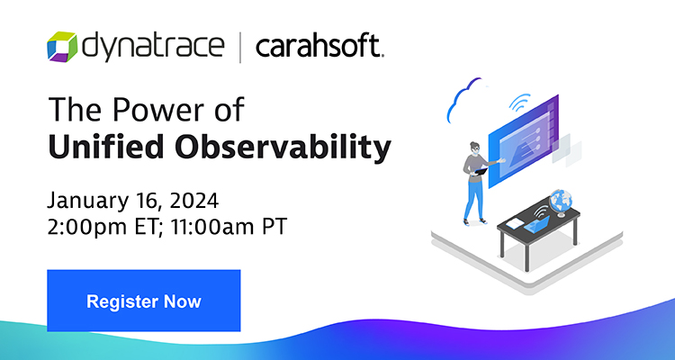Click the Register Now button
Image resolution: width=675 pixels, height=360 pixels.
[x=143, y=301]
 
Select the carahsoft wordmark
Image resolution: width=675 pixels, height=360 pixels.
[x=320, y=45]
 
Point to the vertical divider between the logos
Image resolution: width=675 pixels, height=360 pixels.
[x=239, y=46]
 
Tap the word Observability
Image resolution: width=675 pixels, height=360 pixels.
[x=283, y=148]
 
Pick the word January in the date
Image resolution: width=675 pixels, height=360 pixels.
[x=82, y=199]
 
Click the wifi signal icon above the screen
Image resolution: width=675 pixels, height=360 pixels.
[x=518, y=102]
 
